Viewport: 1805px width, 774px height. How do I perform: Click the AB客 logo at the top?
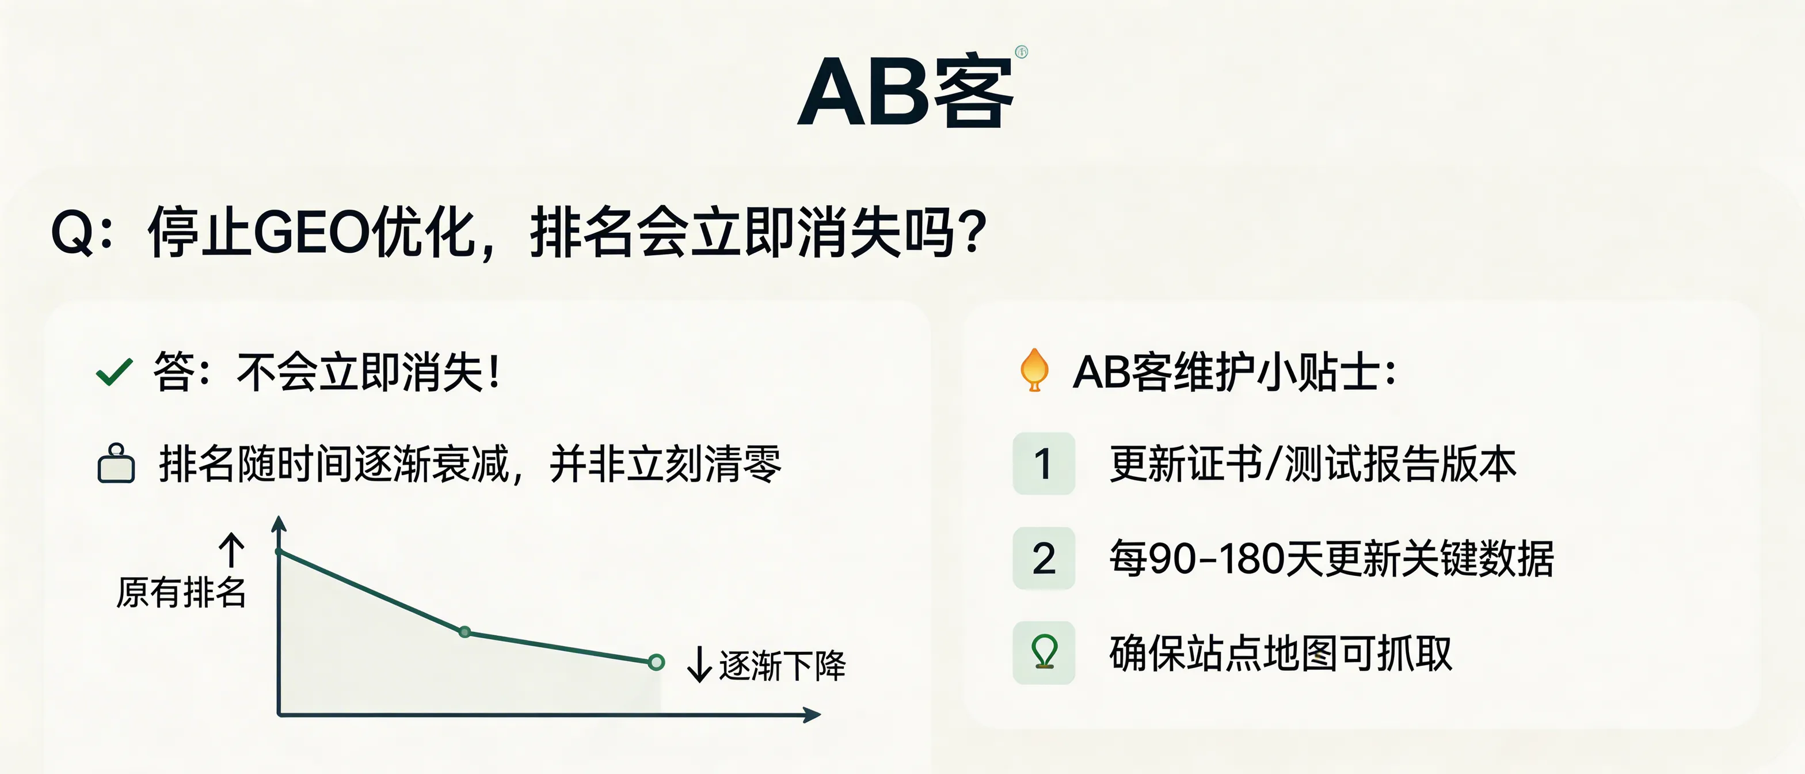tap(905, 91)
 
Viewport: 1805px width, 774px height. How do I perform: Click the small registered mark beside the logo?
tap(1021, 51)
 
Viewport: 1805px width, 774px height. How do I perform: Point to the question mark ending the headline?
tap(974, 233)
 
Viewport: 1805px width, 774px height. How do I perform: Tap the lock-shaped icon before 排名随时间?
tap(116, 464)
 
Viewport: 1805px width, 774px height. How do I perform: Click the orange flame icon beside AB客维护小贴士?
tap(1034, 370)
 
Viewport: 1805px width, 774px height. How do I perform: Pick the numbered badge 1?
tap(1044, 464)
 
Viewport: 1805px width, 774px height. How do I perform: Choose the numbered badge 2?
tap(1044, 558)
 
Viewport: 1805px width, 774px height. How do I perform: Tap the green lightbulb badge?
tap(1044, 652)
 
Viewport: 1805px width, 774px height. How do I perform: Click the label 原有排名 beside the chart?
tap(181, 593)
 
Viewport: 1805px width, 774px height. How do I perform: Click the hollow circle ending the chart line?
tap(656, 662)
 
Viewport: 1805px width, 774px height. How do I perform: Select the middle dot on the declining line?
tap(464, 632)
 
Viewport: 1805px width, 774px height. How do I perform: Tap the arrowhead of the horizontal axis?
tap(813, 715)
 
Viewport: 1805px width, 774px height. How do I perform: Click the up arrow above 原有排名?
tap(232, 549)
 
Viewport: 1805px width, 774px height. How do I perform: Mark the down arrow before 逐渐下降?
tap(699, 664)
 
